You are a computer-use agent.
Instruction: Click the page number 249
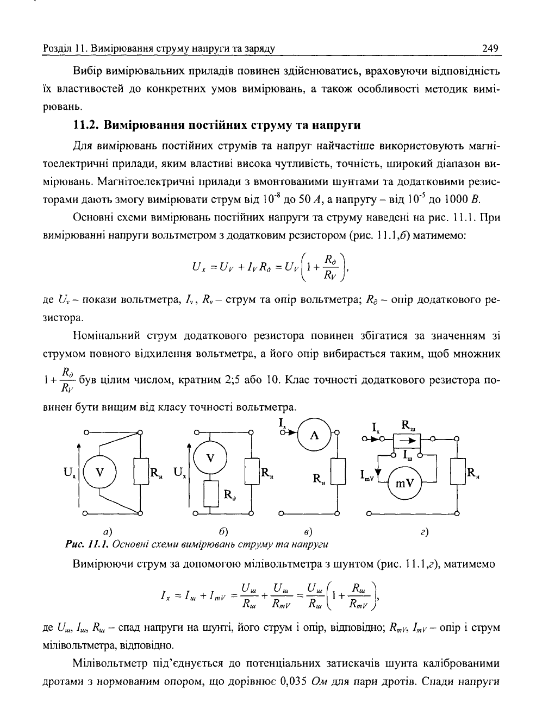point(490,48)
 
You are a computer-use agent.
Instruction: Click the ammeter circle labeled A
point(314,435)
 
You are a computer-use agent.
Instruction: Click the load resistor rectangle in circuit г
point(457,470)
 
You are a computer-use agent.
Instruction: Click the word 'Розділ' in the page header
point(56,48)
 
